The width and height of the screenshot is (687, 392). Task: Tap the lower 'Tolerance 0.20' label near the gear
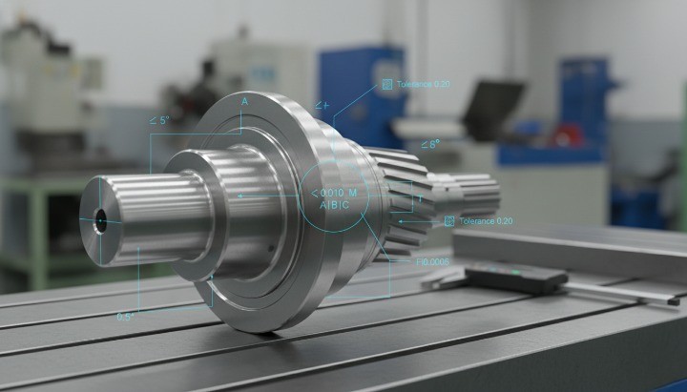point(486,221)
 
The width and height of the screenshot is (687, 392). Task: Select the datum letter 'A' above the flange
point(244,101)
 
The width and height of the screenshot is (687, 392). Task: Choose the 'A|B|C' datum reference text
point(334,206)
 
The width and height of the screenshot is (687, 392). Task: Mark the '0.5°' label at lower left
point(125,317)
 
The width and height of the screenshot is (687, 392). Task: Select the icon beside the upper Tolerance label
point(386,85)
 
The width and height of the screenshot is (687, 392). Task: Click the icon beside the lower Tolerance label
point(449,221)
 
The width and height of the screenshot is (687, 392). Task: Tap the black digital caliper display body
point(515,279)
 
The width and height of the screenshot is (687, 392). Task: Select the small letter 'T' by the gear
point(419,197)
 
